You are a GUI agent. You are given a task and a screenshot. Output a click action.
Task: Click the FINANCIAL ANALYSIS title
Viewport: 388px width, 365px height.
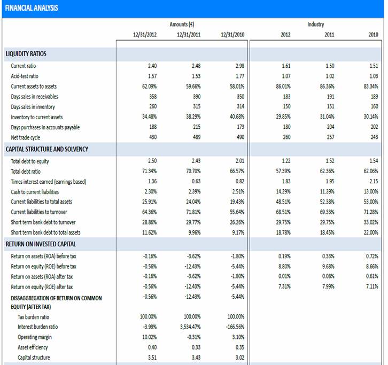[x=32, y=8]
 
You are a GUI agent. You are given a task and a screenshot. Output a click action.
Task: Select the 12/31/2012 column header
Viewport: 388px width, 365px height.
[x=145, y=35]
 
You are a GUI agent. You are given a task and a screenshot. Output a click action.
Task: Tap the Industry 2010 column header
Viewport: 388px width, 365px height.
[x=373, y=35]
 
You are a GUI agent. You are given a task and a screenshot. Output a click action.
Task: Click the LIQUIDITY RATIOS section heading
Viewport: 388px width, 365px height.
[x=26, y=54]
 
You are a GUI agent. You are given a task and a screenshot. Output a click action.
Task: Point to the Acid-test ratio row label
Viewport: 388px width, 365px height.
[x=25, y=76]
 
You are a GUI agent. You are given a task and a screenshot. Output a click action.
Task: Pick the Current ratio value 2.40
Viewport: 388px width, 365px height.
[x=152, y=66]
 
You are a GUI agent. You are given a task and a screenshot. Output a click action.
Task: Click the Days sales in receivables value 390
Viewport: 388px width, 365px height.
[x=196, y=97]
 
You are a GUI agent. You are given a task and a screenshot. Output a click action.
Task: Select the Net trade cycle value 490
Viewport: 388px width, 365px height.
[x=239, y=137]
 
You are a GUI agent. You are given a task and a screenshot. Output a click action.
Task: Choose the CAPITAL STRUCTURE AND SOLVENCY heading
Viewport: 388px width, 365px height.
[x=47, y=149]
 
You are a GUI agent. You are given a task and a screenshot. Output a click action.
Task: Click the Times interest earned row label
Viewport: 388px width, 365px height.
[x=48, y=182]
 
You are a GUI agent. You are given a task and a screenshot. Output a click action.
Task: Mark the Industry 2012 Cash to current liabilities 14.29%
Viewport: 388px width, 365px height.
[x=283, y=192]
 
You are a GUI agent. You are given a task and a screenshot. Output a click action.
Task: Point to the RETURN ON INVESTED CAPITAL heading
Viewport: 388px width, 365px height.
[x=41, y=244]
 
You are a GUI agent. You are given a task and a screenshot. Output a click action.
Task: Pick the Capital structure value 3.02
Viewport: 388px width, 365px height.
[x=239, y=358]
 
